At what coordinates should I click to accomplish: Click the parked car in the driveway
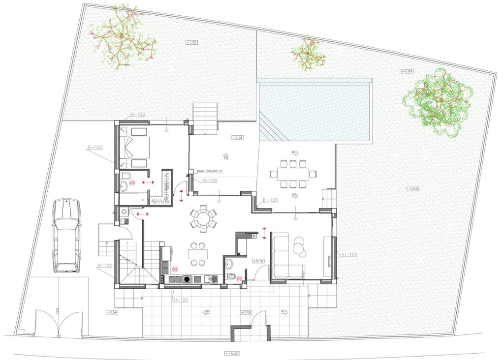point(66,235)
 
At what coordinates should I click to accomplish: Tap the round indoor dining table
point(203,218)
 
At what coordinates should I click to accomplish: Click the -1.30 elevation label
point(191,42)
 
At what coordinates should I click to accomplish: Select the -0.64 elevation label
point(407,71)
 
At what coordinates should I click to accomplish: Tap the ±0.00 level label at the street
point(231,353)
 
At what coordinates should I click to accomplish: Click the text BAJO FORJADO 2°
point(210,171)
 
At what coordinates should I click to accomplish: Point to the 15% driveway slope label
point(58,312)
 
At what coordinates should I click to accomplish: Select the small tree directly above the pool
point(308,54)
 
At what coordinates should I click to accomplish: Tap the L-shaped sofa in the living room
point(285,258)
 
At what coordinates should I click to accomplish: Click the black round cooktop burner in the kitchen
point(187,279)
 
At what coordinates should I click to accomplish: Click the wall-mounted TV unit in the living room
point(328,256)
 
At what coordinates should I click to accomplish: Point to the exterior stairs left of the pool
point(204,118)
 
